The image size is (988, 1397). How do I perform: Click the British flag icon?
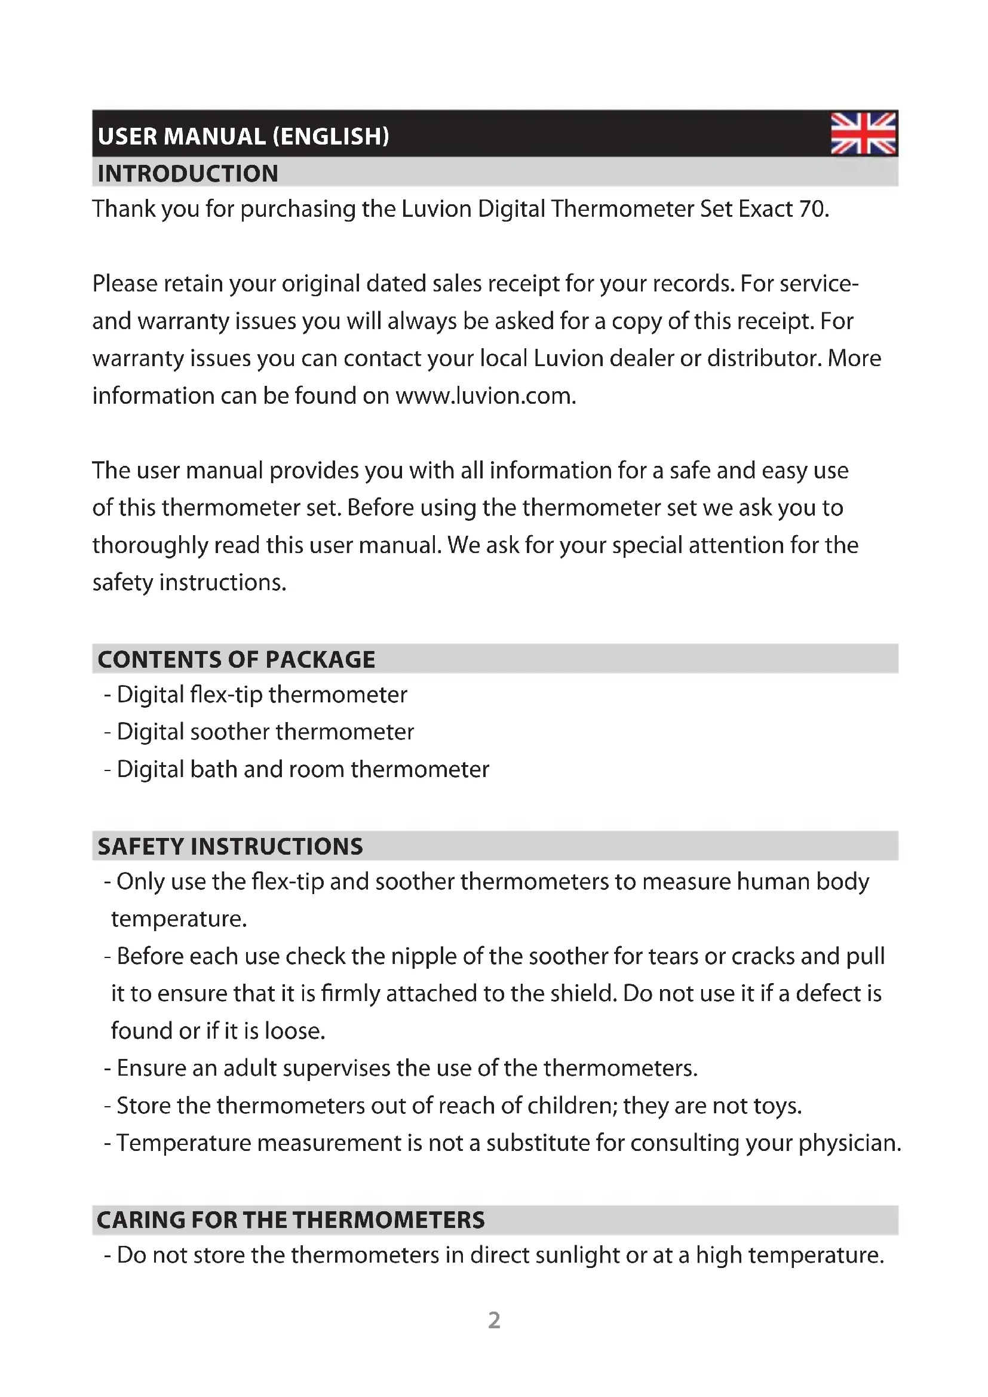coord(863,133)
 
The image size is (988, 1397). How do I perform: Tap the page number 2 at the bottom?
coord(494,1321)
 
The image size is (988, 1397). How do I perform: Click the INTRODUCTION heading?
coord(188,174)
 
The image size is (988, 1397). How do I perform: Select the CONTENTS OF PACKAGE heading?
coord(236,659)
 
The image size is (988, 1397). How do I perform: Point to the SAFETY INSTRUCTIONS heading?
coord(230,846)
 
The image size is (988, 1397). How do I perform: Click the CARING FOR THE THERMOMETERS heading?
coord(291,1220)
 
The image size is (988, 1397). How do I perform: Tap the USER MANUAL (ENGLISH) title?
coord(243,136)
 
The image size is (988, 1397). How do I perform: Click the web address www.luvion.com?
coord(485,396)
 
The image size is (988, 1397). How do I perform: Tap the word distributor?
coord(763,359)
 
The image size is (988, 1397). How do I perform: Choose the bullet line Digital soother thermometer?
coord(265,732)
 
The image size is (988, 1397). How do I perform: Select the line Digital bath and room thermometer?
coord(302,770)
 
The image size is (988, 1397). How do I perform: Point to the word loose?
coord(294,1031)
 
